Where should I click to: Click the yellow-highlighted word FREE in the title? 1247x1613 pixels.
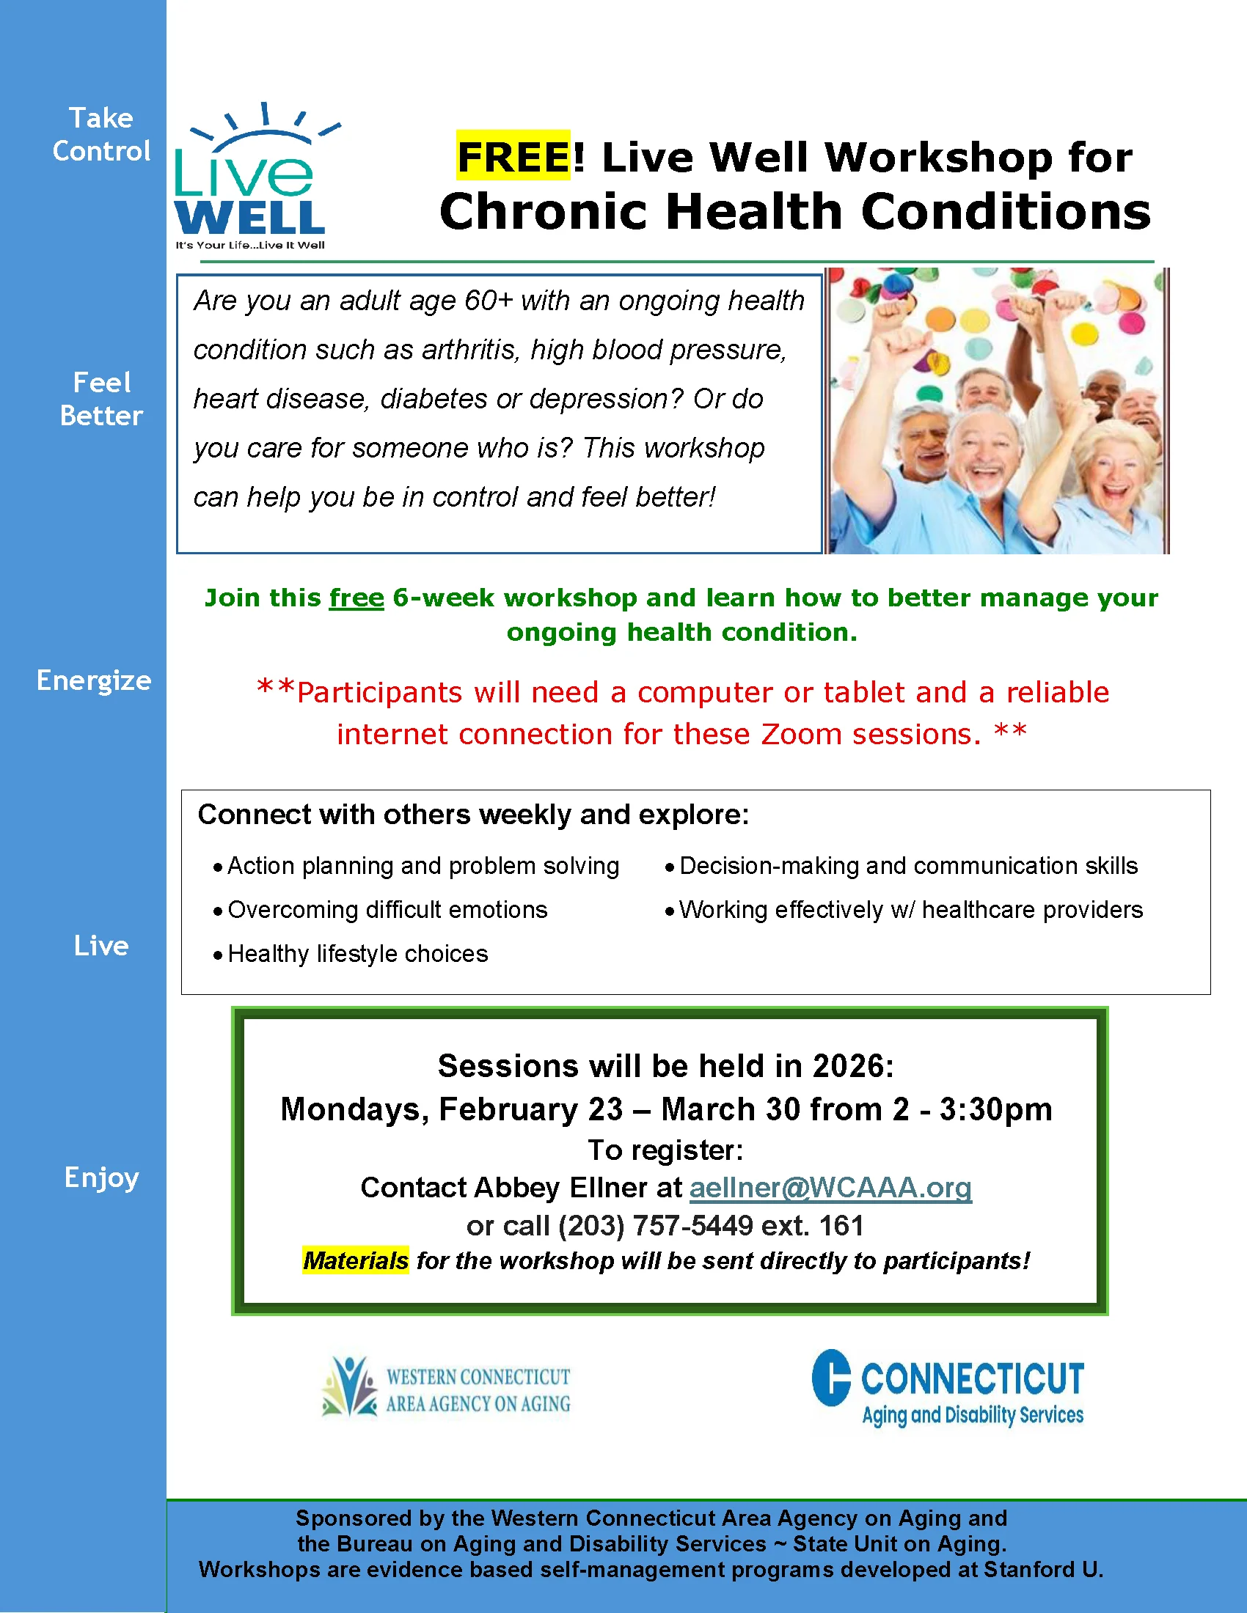pyautogui.click(x=513, y=157)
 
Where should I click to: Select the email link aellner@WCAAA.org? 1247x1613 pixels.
pyautogui.click(x=830, y=1188)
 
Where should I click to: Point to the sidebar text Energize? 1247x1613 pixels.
pyautogui.click(x=94, y=680)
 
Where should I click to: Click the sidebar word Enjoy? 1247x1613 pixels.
pyautogui.click(x=101, y=1177)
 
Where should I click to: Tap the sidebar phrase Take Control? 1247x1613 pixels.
pyautogui.click(x=101, y=134)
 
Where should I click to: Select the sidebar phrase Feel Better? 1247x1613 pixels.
pyautogui.click(x=101, y=399)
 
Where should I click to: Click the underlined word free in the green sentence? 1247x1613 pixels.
pyautogui.click(x=356, y=598)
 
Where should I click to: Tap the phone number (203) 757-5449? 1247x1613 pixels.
pyautogui.click(x=655, y=1226)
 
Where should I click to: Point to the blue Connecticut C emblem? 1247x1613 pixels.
pyautogui.click(x=831, y=1378)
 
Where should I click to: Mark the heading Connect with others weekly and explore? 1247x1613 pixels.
pyautogui.click(x=474, y=815)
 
